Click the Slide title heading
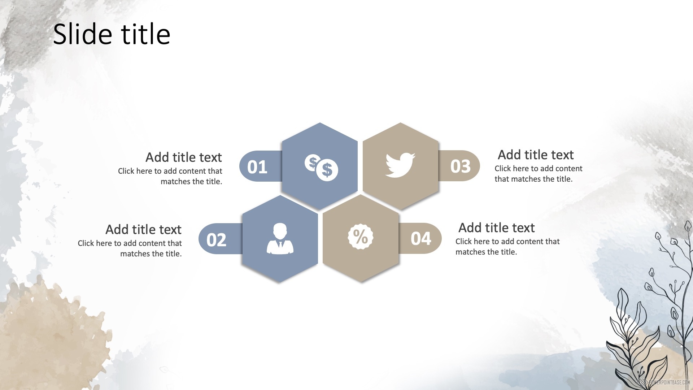click(112, 34)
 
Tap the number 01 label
click(257, 167)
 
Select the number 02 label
click(217, 240)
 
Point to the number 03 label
click(461, 166)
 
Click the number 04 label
click(421, 238)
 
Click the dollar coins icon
click(321, 168)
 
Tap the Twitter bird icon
click(400, 165)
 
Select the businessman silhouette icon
click(280, 238)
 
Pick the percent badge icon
click(360, 237)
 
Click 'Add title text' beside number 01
click(184, 157)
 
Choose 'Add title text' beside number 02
click(144, 230)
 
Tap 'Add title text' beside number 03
click(536, 155)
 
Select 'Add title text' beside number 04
click(497, 228)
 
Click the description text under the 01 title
click(170, 176)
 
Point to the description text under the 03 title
click(538, 174)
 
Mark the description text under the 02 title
click(130, 248)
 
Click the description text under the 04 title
click(507, 247)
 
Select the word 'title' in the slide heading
click(145, 34)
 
